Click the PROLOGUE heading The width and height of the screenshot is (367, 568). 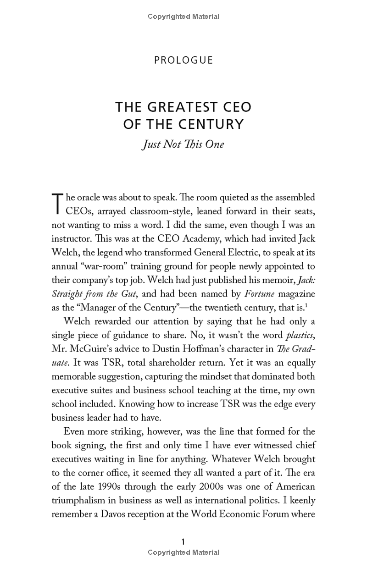pos(183,60)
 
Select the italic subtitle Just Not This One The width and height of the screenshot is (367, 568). pos(183,144)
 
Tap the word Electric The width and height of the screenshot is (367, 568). pos(260,253)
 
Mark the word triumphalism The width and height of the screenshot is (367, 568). pos(83,500)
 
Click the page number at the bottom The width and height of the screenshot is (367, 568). pos(183,542)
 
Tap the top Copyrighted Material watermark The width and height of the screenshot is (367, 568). pos(183,17)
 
